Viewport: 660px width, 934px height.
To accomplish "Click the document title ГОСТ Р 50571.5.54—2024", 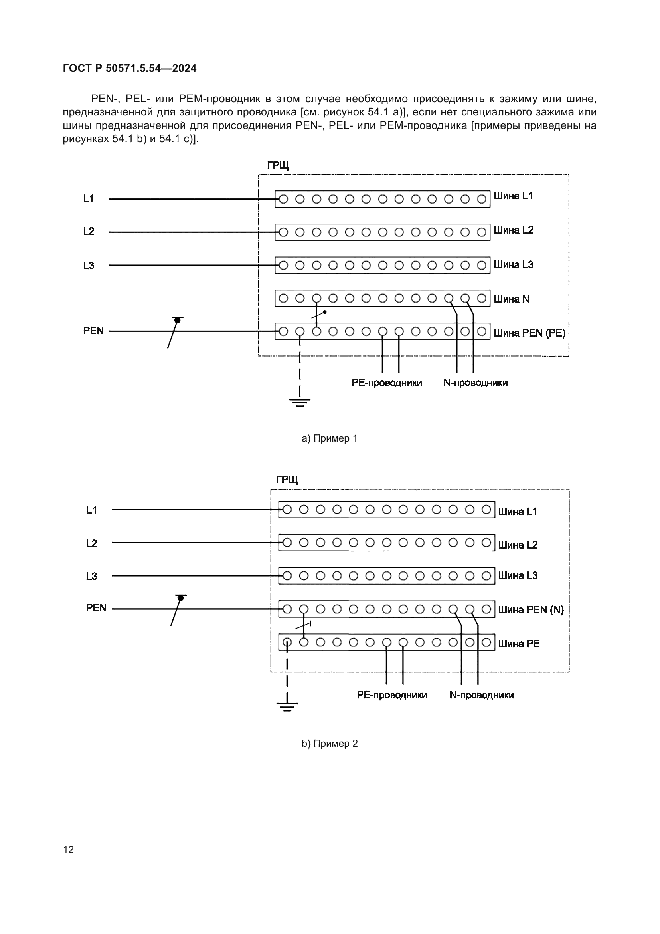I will coord(130,68).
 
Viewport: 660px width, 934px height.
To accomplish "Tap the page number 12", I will coord(69,849).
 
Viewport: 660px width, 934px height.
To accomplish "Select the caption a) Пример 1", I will coord(329,438).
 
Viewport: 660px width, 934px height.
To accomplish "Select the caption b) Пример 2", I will coord(329,744).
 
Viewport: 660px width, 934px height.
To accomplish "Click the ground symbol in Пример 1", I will coord(300,403).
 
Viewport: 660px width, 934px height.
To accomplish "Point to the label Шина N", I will coord(511,299).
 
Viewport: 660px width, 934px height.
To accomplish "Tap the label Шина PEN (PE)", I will coord(529,333).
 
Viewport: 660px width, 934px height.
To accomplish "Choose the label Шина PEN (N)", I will coord(531,609).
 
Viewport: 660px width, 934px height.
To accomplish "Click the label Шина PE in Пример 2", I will coord(519,644).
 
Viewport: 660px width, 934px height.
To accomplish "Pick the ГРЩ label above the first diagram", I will coord(278,166).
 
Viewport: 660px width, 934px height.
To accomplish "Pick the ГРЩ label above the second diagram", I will coord(287,480).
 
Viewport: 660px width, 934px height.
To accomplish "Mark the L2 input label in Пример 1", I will coord(89,232).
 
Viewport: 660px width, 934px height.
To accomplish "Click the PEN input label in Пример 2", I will coord(96,608).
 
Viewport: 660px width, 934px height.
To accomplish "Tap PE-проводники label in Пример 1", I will coord(387,383).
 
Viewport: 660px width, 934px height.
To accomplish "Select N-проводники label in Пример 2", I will coord(481,695).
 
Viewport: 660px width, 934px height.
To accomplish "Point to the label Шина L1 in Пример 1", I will coord(513,196).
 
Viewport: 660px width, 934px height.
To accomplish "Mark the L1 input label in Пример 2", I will coord(91,510).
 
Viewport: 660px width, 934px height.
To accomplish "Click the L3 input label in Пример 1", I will coord(89,266).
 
